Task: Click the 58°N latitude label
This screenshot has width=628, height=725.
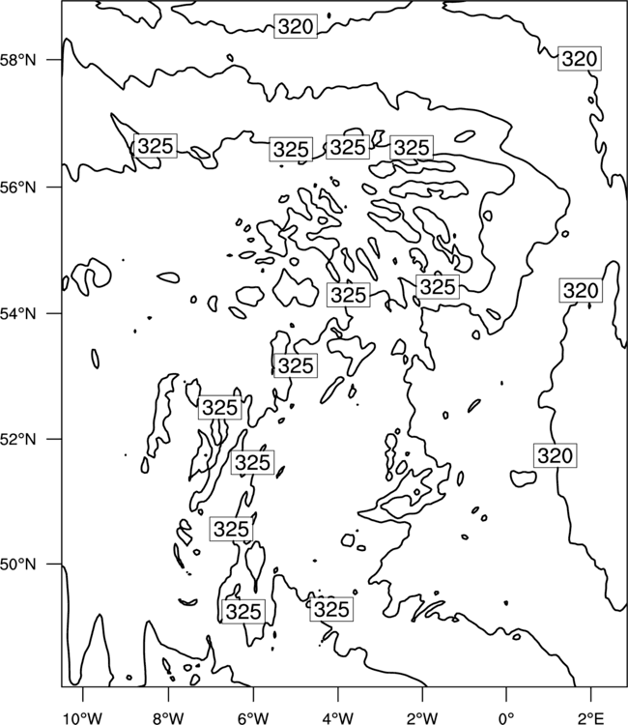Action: pyautogui.click(x=17, y=60)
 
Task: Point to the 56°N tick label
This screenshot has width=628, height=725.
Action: pyautogui.click(x=17, y=188)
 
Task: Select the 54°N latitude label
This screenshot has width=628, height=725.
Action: pyautogui.click(x=17, y=313)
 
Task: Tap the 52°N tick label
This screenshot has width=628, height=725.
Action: pyautogui.click(x=17, y=439)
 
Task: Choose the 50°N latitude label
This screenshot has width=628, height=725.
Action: pyautogui.click(x=17, y=565)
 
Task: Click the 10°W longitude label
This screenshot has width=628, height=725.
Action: pyautogui.click(x=82, y=717)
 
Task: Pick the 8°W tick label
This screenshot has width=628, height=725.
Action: pyautogui.click(x=168, y=717)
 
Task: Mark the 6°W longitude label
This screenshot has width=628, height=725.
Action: pyautogui.click(x=253, y=717)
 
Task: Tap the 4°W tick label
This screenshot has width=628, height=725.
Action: pyautogui.click(x=337, y=717)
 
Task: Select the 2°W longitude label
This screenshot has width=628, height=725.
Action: pyautogui.click(x=422, y=717)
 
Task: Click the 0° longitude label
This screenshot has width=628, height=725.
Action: pyautogui.click(x=506, y=717)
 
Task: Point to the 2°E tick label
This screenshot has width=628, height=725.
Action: pyautogui.click(x=591, y=717)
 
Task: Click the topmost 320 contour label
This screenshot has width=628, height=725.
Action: pyautogui.click(x=296, y=26)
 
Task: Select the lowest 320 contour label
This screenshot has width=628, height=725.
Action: pyautogui.click(x=555, y=455)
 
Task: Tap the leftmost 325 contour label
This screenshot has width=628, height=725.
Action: pyautogui.click(x=156, y=146)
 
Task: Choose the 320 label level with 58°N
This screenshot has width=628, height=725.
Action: pyautogui.click(x=580, y=59)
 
